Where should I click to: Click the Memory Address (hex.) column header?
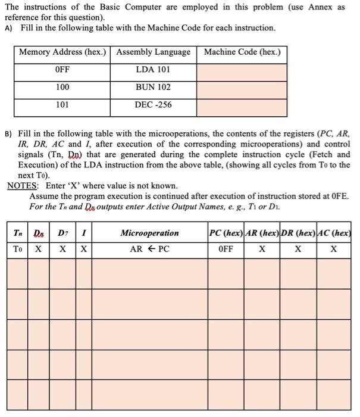click(62, 52)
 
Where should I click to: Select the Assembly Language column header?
click(154, 52)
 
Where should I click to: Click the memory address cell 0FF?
click(62, 70)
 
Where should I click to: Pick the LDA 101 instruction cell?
click(154, 70)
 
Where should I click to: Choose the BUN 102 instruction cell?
click(154, 87)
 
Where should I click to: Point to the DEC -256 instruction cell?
click(154, 104)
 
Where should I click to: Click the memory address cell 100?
click(62, 87)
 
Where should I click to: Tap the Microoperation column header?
click(149, 233)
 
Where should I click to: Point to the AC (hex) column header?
click(334, 233)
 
